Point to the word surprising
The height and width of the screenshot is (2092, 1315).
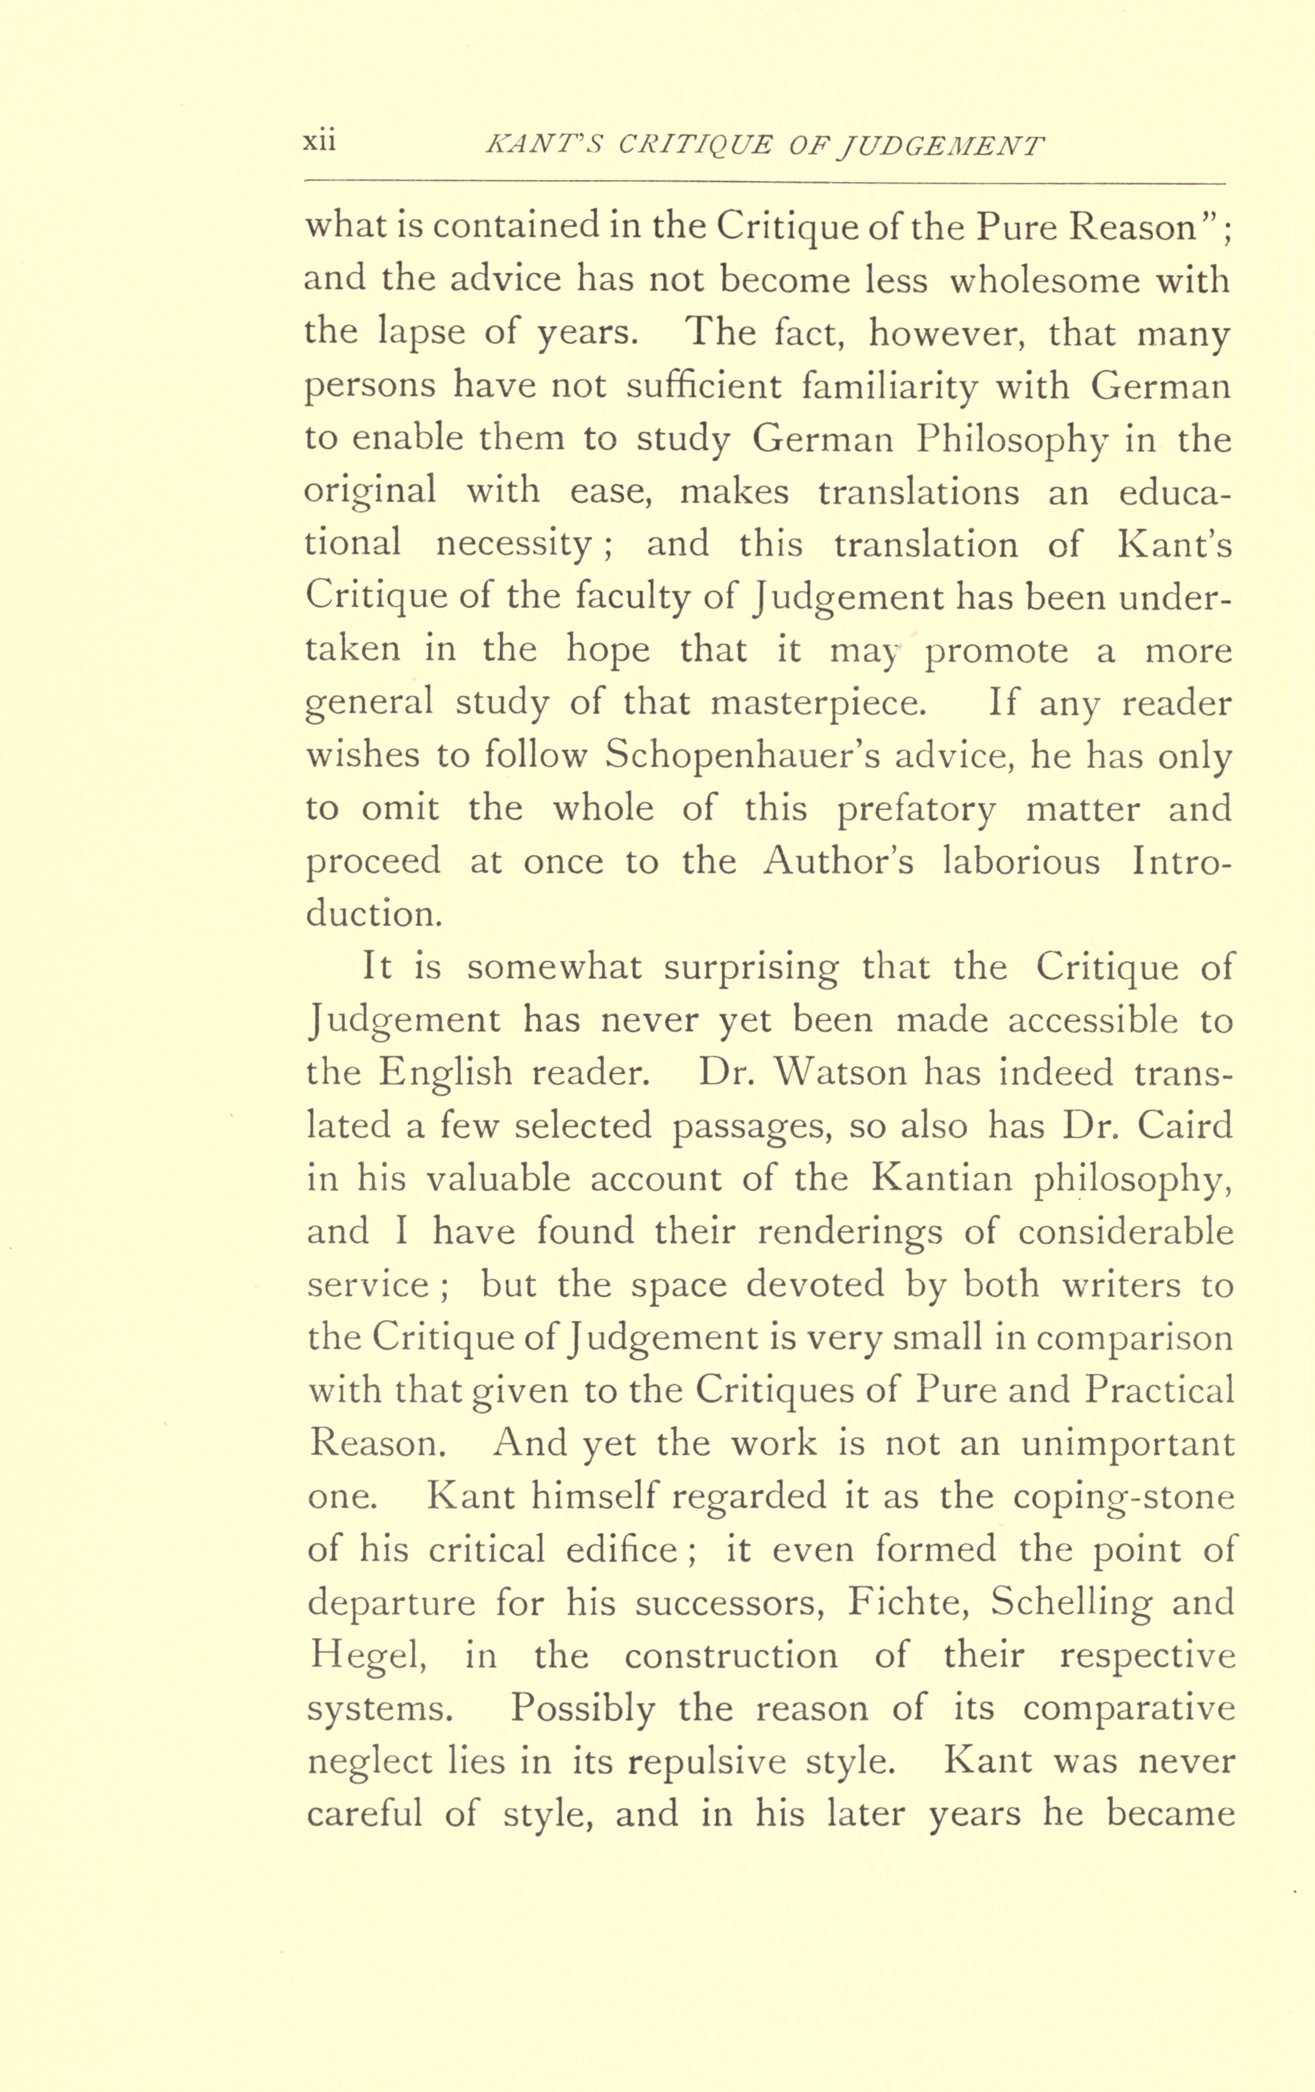751,968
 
